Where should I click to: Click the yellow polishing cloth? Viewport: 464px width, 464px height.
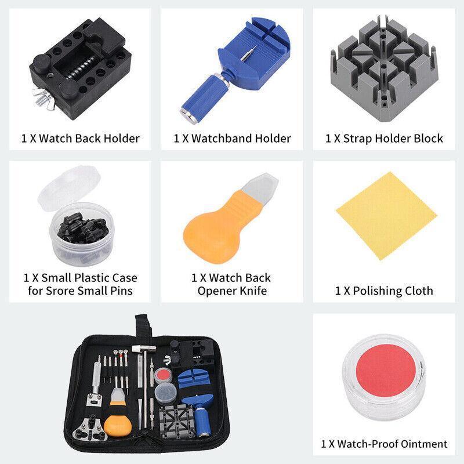[386, 215]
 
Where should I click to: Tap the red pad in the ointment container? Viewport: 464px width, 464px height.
[386, 371]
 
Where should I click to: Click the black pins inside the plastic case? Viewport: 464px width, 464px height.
[82, 227]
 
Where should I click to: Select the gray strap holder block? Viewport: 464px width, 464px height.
[383, 67]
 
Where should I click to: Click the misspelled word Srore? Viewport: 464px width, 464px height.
[61, 291]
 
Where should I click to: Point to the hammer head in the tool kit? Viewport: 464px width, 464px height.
[144, 349]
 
